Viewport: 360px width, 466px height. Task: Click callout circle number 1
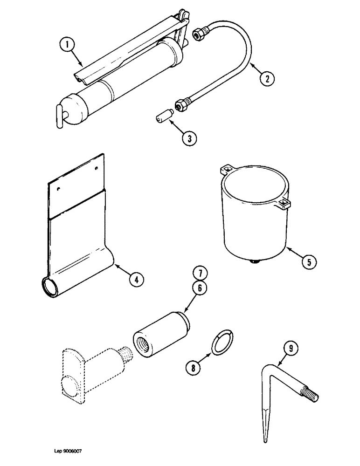67,45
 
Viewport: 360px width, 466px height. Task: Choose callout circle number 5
308,261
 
